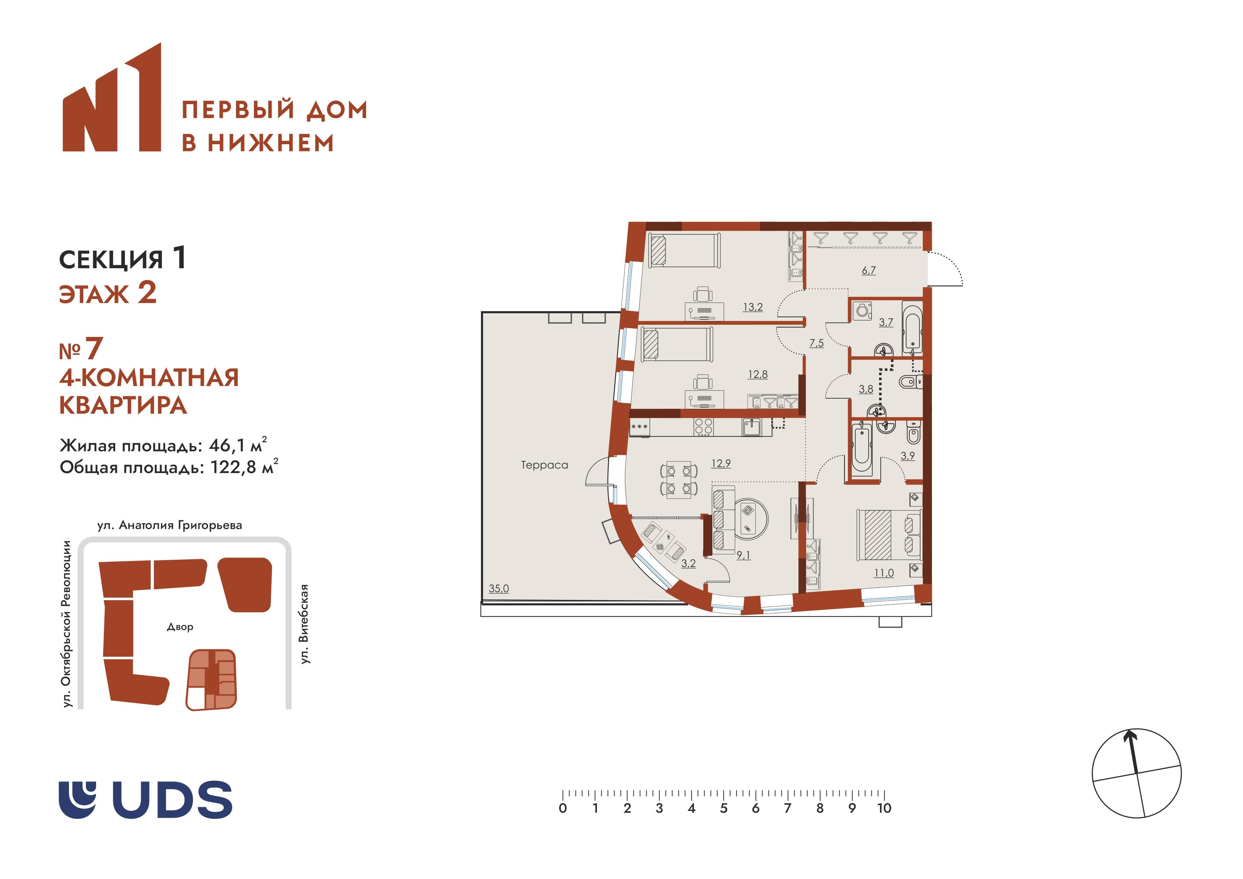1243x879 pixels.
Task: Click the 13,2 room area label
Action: tap(753, 307)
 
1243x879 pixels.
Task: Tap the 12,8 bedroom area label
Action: tap(757, 374)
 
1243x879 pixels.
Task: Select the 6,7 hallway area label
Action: tap(868, 270)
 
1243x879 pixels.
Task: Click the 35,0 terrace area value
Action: tap(499, 589)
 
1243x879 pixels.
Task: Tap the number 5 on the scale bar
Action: tap(723, 808)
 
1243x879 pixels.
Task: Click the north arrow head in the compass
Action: tap(1129, 735)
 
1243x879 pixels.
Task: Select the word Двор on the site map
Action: tap(180, 627)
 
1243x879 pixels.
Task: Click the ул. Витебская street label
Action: tap(305, 624)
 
